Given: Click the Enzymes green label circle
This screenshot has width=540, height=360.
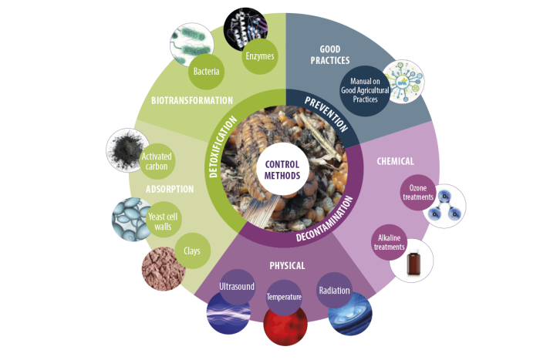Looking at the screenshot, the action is coord(260,56).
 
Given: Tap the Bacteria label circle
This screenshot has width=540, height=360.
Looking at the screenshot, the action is coord(206,72).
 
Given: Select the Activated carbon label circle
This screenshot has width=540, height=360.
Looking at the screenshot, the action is coord(157,161).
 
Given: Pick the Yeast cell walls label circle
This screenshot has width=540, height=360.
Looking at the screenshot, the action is coord(164,220).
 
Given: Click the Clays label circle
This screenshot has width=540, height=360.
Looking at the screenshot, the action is coord(192,251).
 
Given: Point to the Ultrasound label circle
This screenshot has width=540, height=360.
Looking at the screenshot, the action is coord(237,287).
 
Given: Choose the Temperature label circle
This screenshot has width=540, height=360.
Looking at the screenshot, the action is coord(284,298).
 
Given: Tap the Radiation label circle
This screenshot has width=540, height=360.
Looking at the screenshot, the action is coord(334,291).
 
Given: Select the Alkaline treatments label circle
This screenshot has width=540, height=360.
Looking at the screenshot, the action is coord(390,242).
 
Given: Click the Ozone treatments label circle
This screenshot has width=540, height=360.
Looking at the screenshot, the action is coord(418,193).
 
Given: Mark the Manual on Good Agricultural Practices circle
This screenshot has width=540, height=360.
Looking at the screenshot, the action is coord(365,91).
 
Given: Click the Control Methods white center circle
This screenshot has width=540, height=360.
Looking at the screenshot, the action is coord(282,170).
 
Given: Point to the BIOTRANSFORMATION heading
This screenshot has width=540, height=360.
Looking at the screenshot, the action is coord(192,100).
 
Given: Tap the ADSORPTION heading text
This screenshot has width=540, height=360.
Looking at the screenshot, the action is coord(170,189).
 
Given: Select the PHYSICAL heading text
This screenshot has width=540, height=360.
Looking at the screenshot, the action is coord(287,266).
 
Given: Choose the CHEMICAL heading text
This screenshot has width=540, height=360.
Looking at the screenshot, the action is coord(395,161).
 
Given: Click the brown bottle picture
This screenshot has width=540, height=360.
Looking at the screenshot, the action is coord(413,264).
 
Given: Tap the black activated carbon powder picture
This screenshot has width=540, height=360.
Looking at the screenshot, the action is coord(126,150).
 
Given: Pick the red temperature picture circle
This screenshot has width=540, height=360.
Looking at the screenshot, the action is coord(285,325).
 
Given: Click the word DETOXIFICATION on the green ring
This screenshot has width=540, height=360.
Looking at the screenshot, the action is coord(222,147).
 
